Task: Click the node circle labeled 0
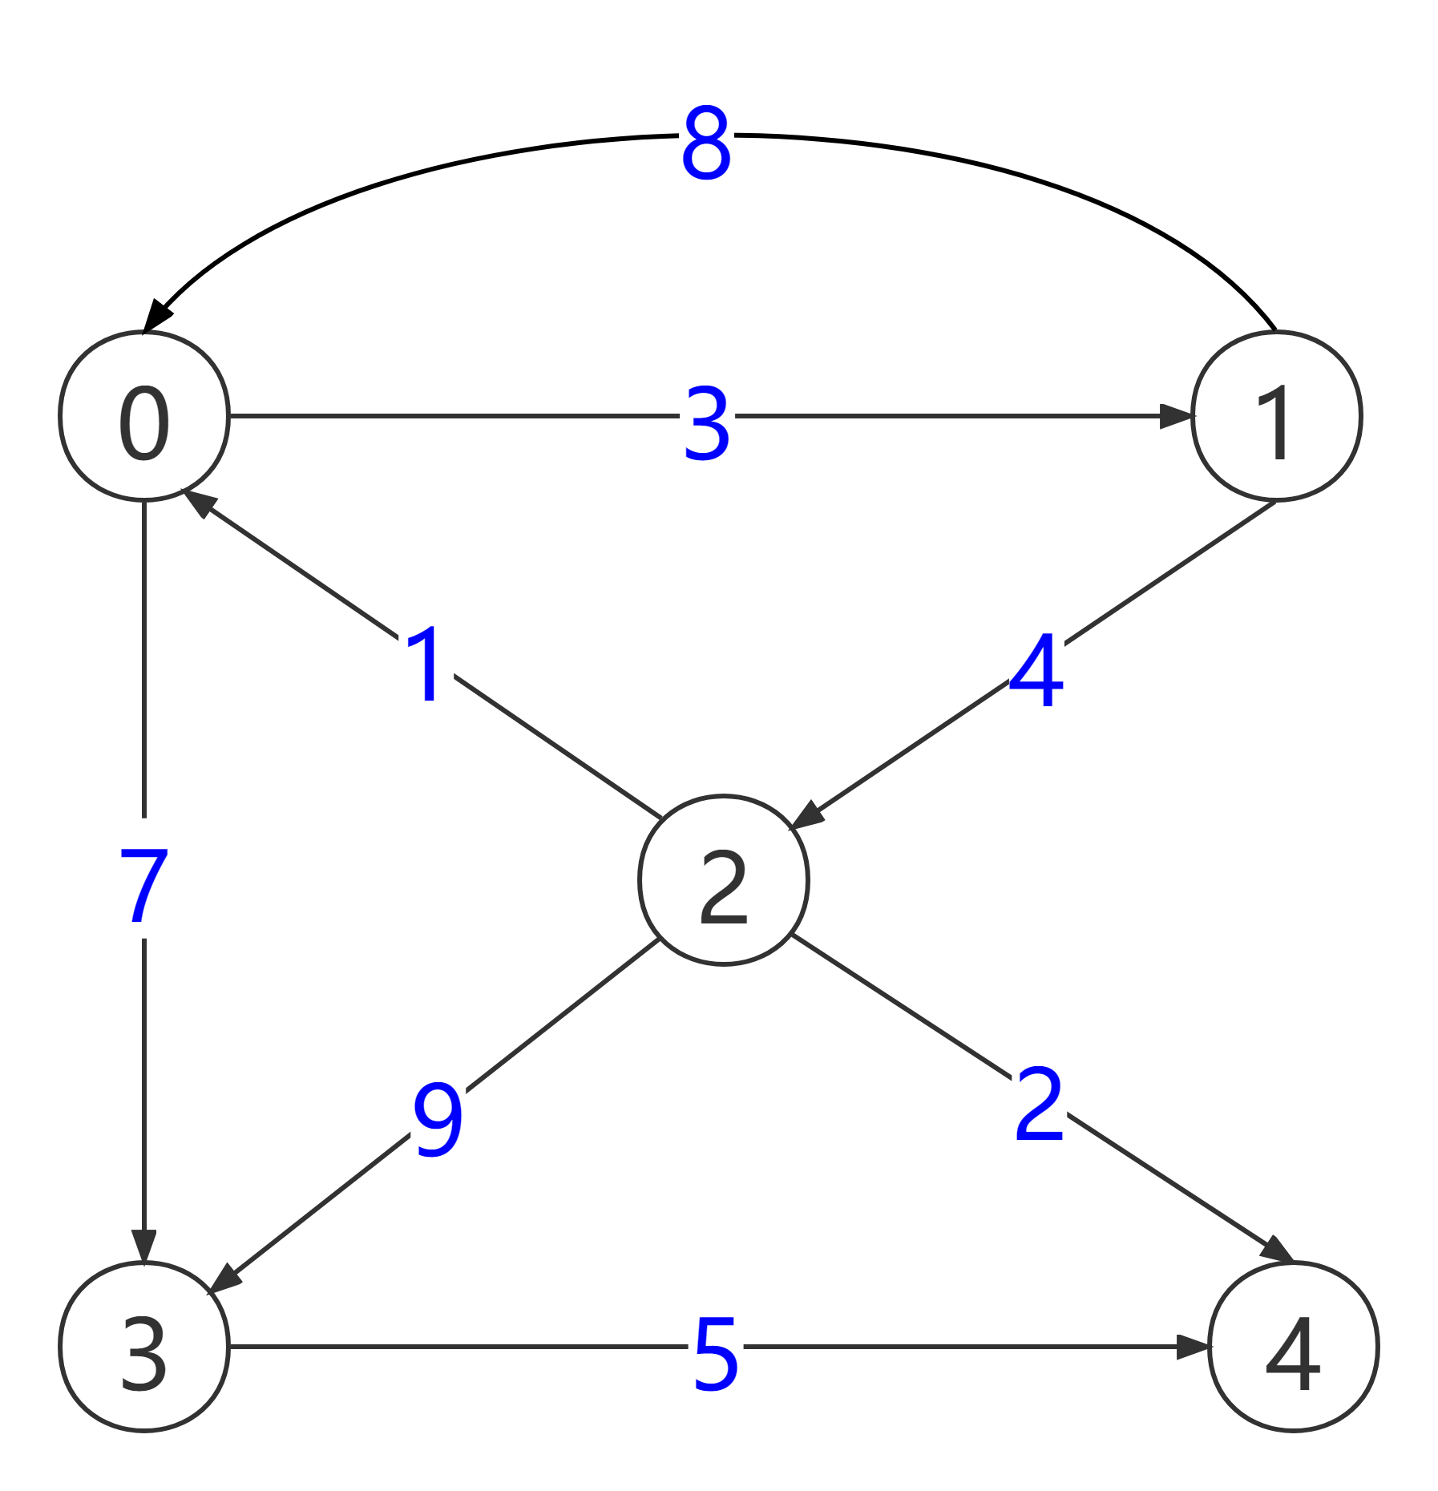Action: [x=144, y=416]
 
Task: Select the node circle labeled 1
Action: [x=1276, y=416]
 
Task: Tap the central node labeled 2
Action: [x=724, y=880]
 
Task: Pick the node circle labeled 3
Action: [x=144, y=1347]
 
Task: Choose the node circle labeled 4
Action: [x=1292, y=1347]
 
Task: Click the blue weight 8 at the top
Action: [x=706, y=135]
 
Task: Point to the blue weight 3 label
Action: [x=707, y=416]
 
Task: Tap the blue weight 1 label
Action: [x=426, y=657]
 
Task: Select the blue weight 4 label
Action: [x=1036, y=663]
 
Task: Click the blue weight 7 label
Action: [x=144, y=879]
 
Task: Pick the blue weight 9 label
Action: [x=438, y=1113]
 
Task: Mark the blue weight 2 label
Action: [x=1039, y=1097]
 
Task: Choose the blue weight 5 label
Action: [x=715, y=1347]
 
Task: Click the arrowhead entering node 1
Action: [x=1177, y=416]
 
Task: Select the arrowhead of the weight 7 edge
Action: [x=144, y=1246]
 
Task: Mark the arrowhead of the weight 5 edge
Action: [x=1192, y=1347]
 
